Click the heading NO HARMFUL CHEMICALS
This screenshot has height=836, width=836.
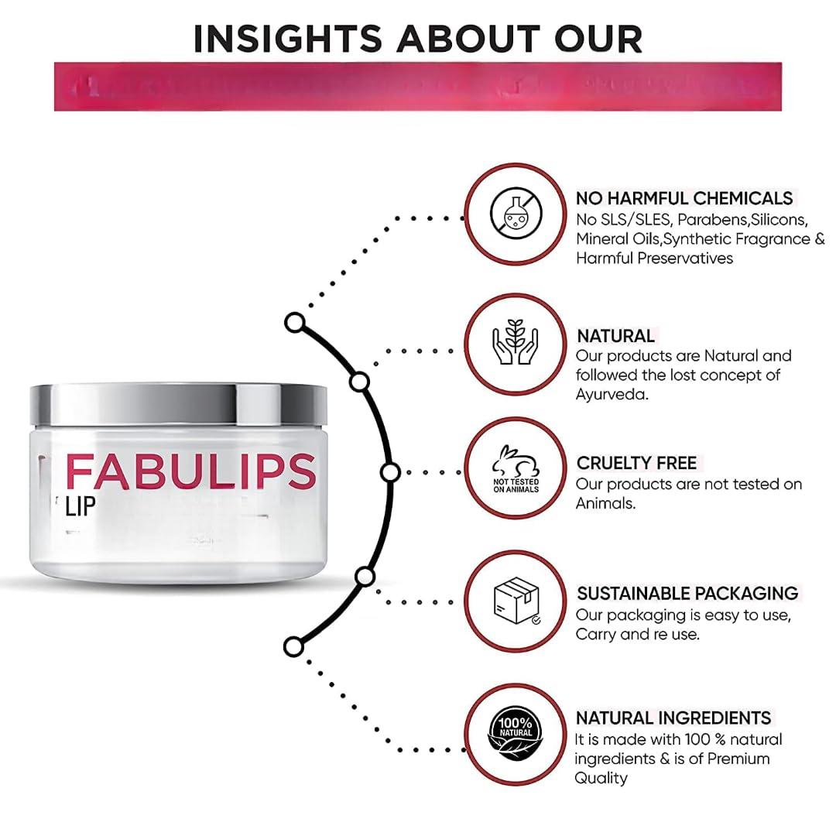pyautogui.click(x=684, y=198)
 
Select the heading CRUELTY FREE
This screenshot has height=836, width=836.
pyautogui.click(x=636, y=463)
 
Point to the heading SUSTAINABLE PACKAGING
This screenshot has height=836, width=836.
pyautogui.click(x=687, y=593)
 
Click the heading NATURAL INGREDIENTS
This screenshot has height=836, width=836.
pyautogui.click(x=673, y=718)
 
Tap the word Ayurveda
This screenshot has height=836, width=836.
pyautogui.click(x=612, y=394)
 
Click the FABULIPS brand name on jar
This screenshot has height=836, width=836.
pyautogui.click(x=190, y=471)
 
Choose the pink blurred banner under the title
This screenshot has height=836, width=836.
pyautogui.click(x=418, y=87)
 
